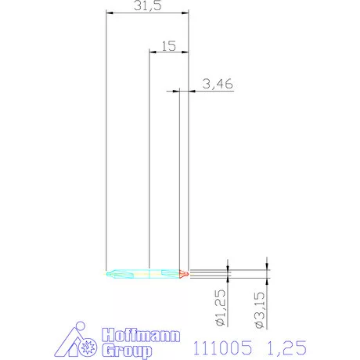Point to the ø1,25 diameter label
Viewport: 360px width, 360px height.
coord(222,308)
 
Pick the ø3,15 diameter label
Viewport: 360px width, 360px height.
coord(261,308)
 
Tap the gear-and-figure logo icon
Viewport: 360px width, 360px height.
coord(79,340)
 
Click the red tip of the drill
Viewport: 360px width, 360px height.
coord(183,273)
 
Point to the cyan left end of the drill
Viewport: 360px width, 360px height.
coord(113,273)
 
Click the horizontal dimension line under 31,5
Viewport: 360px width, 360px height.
coord(147,13)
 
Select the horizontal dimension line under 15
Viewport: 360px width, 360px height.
coord(168,52)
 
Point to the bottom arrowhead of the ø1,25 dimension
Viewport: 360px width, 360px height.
coord(228,279)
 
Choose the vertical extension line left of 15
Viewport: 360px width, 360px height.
coord(149,157)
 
